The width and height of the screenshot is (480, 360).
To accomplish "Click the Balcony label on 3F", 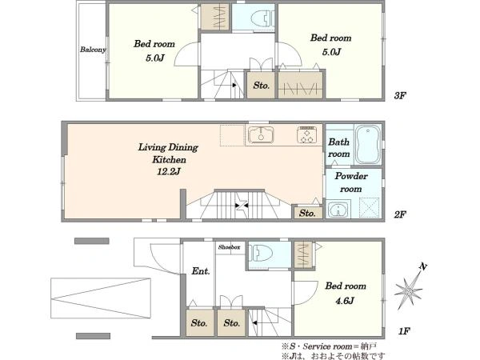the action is [93, 50].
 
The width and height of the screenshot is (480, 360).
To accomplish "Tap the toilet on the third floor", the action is [262, 18].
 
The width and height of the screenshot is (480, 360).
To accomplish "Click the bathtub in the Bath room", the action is [368, 146].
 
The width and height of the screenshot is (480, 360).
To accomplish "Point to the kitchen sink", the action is [261, 134].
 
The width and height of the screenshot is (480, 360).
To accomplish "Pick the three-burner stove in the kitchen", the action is [306, 134].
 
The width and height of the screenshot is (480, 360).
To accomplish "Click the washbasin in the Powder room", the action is [338, 209].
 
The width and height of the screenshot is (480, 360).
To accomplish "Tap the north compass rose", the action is [410, 286].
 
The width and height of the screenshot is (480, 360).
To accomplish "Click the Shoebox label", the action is [229, 247].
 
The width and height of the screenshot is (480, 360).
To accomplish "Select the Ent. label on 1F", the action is [201, 271].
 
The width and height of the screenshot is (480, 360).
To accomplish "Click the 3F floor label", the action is [400, 96].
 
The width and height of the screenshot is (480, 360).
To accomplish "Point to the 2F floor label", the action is [400, 214].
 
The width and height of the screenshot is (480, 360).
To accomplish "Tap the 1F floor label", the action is [404, 331].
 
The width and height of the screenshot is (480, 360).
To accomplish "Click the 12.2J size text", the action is [168, 171].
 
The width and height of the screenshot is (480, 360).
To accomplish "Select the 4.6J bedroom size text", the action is [345, 301].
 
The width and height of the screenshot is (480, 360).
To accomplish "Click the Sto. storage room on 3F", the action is [261, 85].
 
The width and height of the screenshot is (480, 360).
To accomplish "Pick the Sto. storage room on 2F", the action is [307, 213].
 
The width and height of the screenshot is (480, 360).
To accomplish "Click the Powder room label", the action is [351, 182].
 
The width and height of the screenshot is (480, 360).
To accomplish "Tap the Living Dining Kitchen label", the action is [168, 153].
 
